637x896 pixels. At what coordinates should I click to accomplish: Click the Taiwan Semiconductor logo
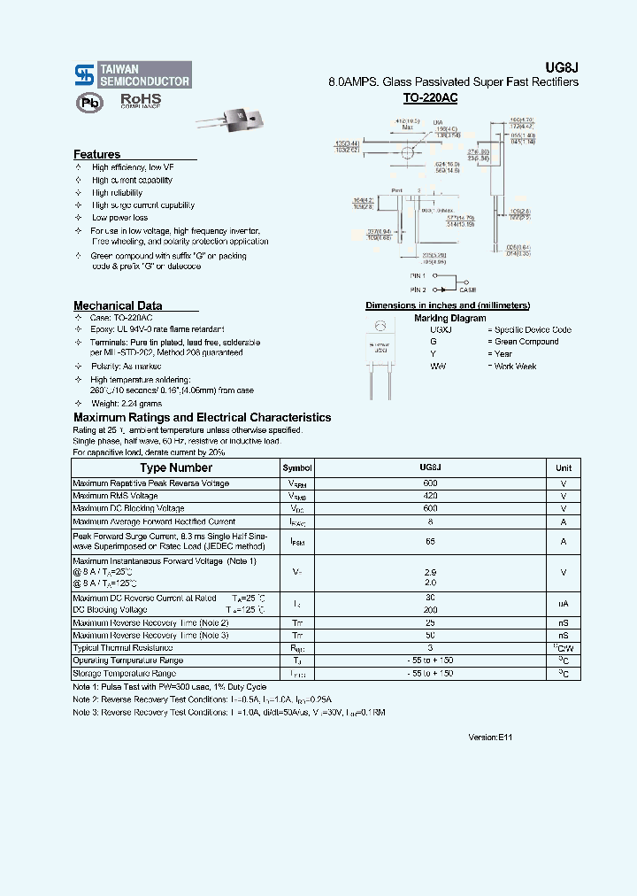click(x=133, y=74)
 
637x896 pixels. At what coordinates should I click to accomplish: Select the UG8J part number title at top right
click(x=565, y=66)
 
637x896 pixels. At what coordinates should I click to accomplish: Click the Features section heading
click(x=96, y=154)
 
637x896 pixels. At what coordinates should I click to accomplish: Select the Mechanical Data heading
click(x=118, y=305)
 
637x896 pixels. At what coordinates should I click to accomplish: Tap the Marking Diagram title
click(x=449, y=318)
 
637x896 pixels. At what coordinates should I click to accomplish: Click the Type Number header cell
click(x=176, y=467)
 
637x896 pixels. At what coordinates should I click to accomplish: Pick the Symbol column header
click(x=297, y=467)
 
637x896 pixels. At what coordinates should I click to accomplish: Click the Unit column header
click(x=564, y=467)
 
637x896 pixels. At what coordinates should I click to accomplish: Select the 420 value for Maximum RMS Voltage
click(x=430, y=496)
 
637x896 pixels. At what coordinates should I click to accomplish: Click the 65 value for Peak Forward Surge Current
click(x=430, y=541)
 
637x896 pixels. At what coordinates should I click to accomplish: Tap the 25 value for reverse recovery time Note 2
click(x=430, y=622)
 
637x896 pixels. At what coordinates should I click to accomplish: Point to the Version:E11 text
click(x=490, y=737)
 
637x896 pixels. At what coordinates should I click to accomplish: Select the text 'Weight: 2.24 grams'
click(x=128, y=403)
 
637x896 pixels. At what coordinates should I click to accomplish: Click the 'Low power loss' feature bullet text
click(x=119, y=218)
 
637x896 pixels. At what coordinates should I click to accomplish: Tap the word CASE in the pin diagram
click(x=467, y=290)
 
